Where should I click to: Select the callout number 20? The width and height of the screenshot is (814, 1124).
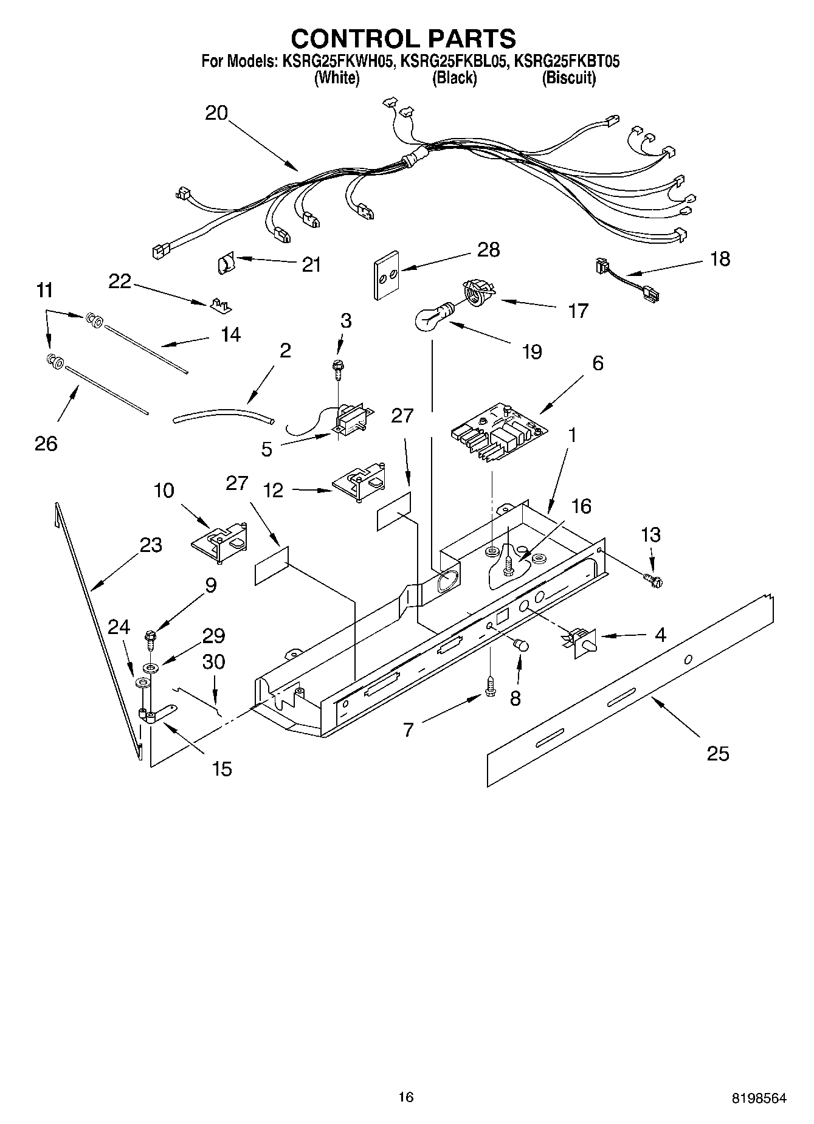[x=216, y=113]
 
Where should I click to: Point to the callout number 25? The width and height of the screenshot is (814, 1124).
[x=718, y=754]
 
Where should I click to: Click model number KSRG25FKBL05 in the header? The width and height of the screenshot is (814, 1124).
[x=454, y=61]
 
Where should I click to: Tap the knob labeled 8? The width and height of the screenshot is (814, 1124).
[x=520, y=646]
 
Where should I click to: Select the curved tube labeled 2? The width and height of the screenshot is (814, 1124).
[x=223, y=416]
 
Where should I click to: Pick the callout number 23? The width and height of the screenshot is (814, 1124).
[x=151, y=545]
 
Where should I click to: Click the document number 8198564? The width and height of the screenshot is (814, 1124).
[x=758, y=1098]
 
